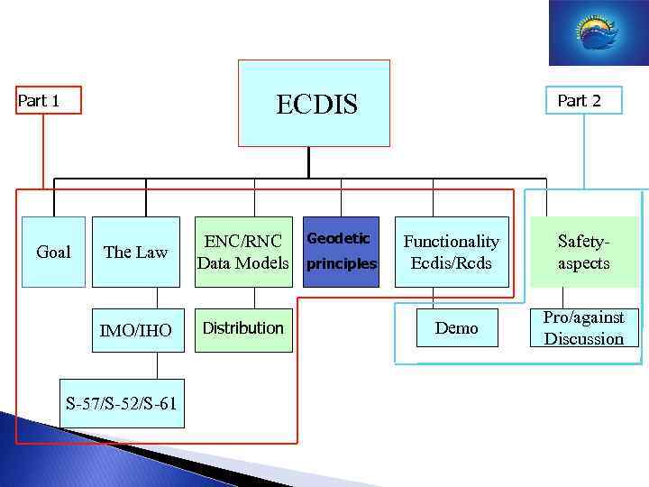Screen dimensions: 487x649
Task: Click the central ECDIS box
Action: tap(314, 103)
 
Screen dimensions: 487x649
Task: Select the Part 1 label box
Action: tap(48, 100)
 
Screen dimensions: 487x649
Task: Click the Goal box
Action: tap(53, 252)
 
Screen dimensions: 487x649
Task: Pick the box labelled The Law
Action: tap(136, 252)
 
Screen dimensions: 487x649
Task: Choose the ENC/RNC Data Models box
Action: tap(244, 252)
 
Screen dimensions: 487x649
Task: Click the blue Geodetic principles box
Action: tap(342, 252)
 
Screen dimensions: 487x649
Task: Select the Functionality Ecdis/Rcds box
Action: tap(452, 252)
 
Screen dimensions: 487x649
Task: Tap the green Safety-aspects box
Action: tap(584, 252)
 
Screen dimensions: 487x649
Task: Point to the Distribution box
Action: tap(244, 328)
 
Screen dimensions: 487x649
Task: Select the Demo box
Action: tap(456, 328)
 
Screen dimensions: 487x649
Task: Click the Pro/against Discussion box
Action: tap(584, 328)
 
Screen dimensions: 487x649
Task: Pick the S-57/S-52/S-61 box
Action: tap(121, 402)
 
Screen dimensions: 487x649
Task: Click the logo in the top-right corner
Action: tap(598, 32)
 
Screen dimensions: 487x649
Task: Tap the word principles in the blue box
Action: tap(342, 264)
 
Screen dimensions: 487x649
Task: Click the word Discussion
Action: tap(584, 339)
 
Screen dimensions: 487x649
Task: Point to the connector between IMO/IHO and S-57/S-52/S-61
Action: tap(157, 364)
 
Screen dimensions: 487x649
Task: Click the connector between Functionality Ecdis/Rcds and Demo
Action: tap(434, 297)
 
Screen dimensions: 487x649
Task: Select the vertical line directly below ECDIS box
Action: tap(308, 161)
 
